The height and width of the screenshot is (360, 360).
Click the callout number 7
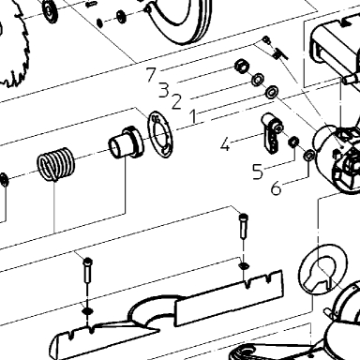[151, 74]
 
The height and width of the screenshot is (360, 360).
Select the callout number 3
[164, 90]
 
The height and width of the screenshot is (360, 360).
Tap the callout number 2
[176, 102]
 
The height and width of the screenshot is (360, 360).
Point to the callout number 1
[194, 116]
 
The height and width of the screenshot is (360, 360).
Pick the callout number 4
[225, 145]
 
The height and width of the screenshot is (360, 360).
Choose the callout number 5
[258, 172]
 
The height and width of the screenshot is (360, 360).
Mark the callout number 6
[276, 187]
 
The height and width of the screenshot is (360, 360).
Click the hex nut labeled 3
[242, 66]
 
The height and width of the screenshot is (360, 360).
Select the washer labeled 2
[258, 79]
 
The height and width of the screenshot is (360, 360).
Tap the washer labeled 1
[272, 92]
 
